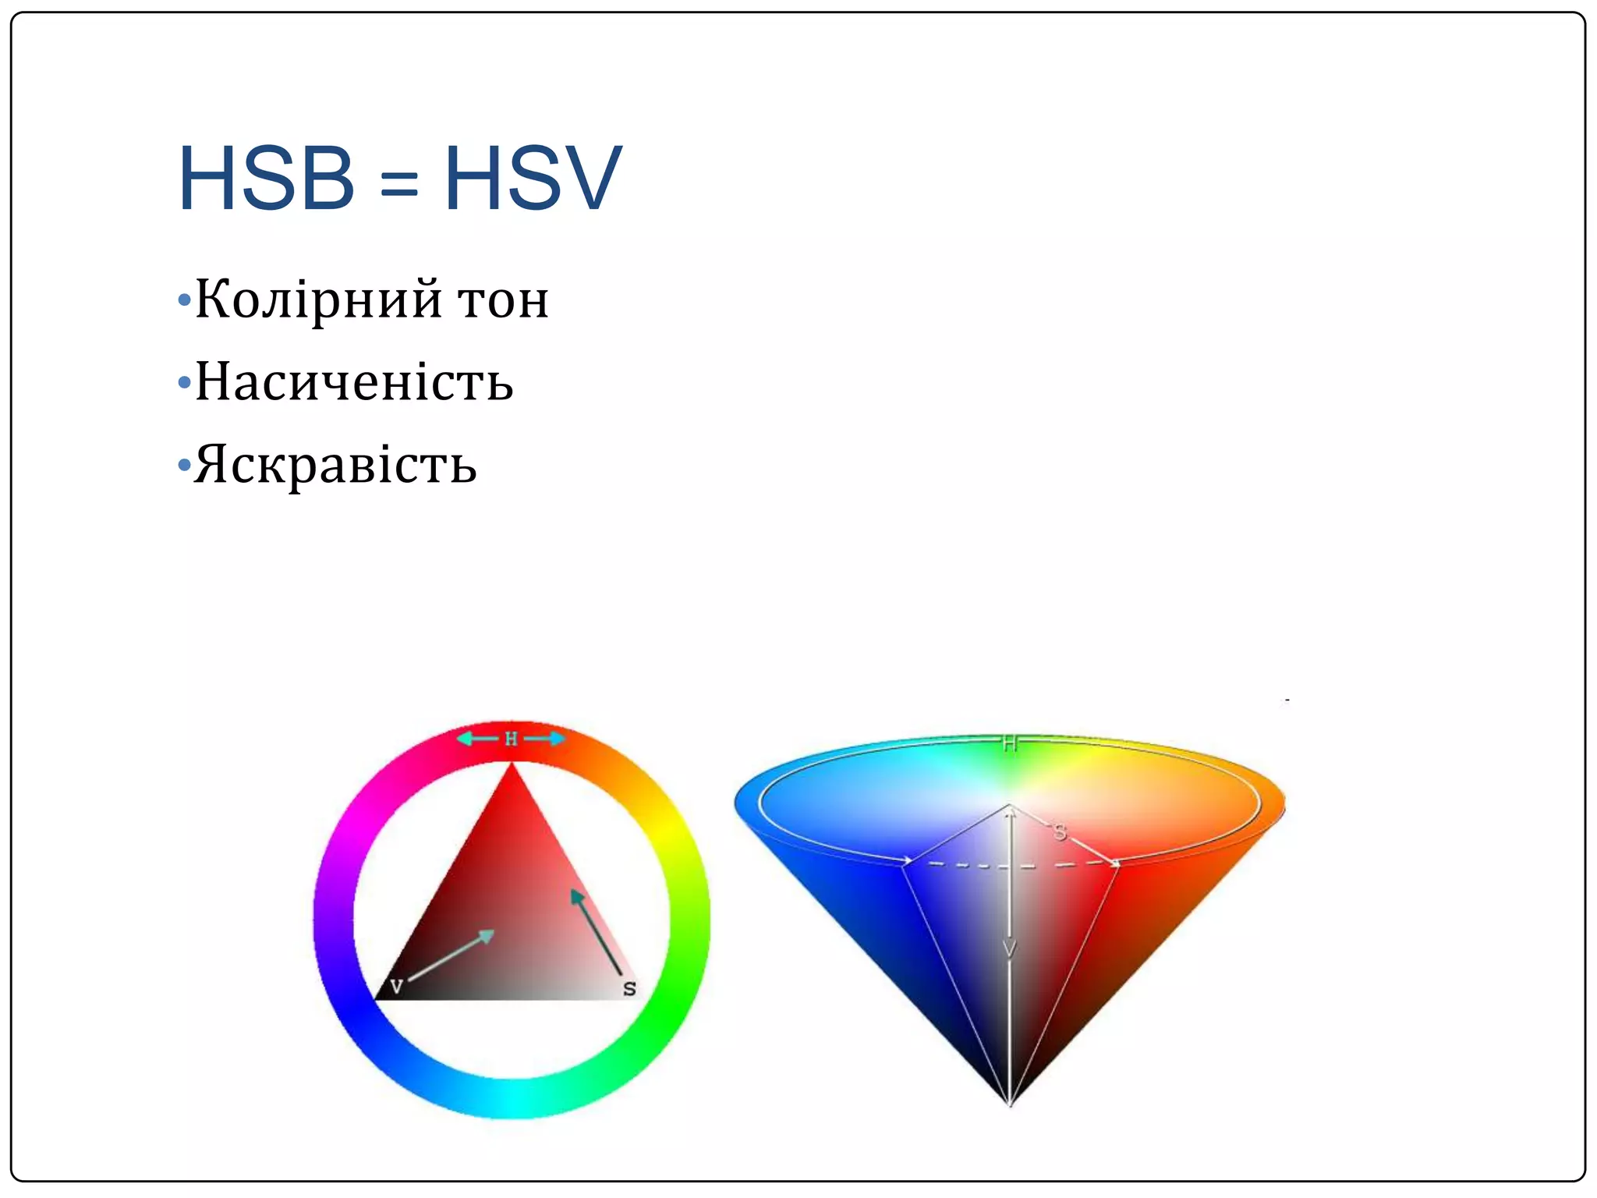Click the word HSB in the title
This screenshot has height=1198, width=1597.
coord(266,179)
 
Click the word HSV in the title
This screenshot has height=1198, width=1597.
coord(533,179)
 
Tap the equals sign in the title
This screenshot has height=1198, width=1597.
coord(399,184)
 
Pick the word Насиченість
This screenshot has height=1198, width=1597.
coord(354,383)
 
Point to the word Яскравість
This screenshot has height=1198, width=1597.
coord(335,466)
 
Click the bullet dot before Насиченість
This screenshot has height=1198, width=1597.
coord(184,383)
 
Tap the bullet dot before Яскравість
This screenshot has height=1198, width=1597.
coord(184,466)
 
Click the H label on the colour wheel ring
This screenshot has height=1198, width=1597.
coord(511,739)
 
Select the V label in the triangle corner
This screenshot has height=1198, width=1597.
coord(396,986)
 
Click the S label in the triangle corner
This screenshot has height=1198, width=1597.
coord(629,989)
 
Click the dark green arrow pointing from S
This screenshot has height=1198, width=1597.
coord(596,931)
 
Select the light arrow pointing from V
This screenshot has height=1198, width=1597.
coord(451,955)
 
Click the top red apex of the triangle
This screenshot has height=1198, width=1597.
coord(512,768)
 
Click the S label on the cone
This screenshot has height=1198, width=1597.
coord(1060,832)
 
